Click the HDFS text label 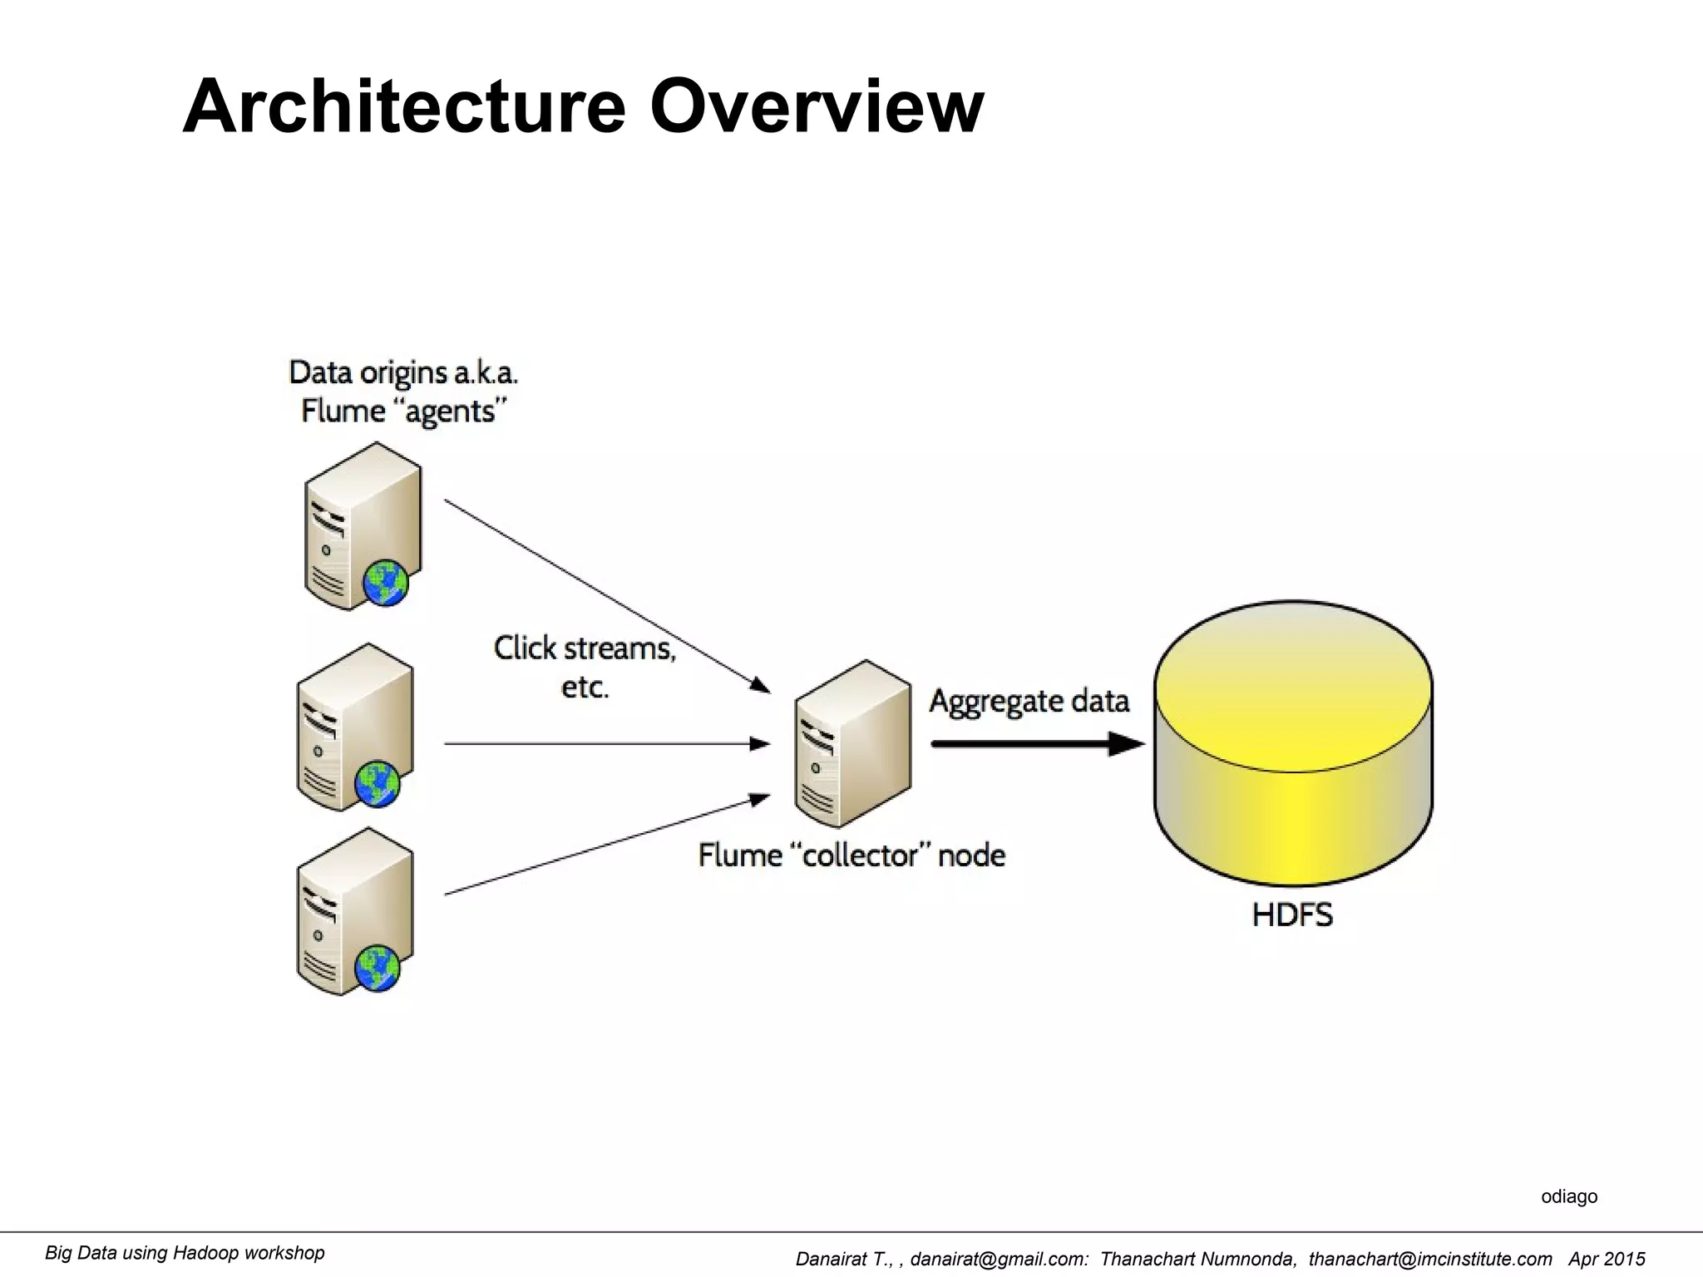tap(1292, 915)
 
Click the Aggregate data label tap(1029, 701)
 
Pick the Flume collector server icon tap(852, 744)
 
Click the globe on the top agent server tap(386, 583)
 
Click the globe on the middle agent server tap(378, 783)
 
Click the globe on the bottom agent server tap(378, 968)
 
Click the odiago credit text tap(1569, 1196)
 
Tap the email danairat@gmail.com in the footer tap(997, 1260)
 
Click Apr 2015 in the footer tap(1607, 1260)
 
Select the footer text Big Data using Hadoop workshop tap(185, 1253)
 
